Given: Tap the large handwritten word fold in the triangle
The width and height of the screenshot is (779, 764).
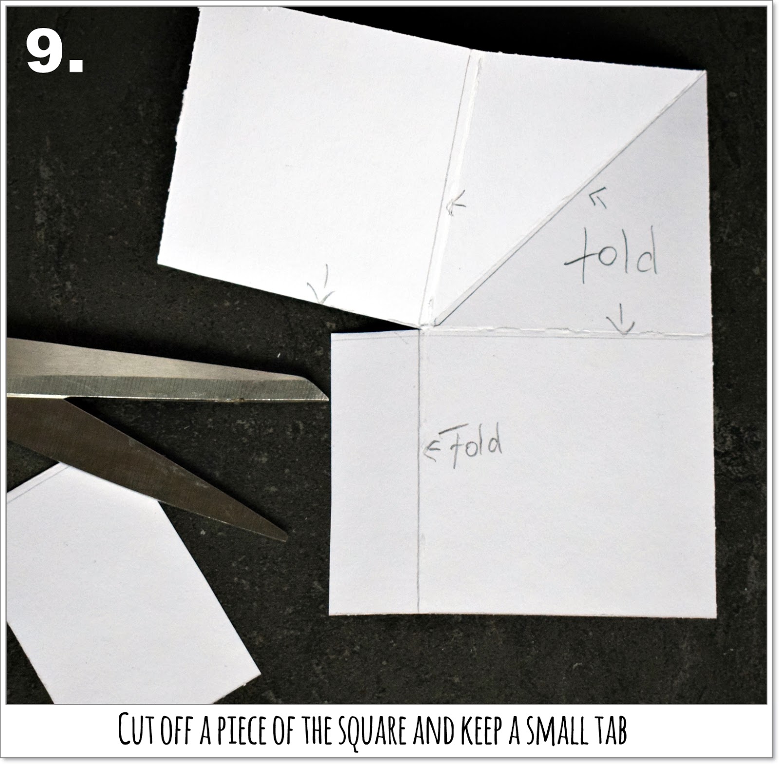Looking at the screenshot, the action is (612, 257).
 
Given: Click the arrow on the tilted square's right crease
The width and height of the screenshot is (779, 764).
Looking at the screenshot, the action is (455, 203).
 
